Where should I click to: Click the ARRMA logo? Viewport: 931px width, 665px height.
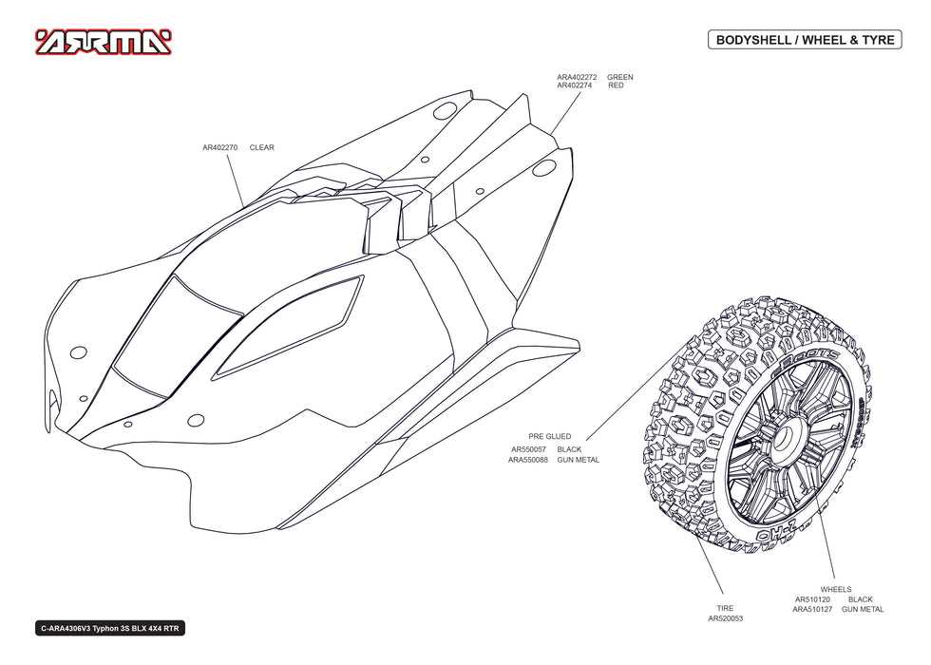[x=104, y=42]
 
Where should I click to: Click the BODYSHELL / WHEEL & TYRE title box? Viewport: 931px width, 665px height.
[x=805, y=40]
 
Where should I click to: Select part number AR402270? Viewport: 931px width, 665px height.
[x=219, y=147]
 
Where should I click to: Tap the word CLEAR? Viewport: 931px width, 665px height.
[x=262, y=147]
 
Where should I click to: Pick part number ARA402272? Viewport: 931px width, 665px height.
[x=577, y=77]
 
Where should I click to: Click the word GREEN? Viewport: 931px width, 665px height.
[x=619, y=77]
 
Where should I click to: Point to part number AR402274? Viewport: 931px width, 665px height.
[x=574, y=85]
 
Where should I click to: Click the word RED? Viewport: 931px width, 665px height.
[x=616, y=85]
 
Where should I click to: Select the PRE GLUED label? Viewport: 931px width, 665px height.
[x=550, y=436]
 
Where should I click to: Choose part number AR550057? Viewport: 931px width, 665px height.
[x=528, y=449]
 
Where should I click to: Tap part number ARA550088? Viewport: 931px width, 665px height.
[x=528, y=460]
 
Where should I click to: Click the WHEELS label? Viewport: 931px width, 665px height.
[x=836, y=590]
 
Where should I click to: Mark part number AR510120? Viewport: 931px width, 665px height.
[x=813, y=599]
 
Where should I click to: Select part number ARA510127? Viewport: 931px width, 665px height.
[x=812, y=609]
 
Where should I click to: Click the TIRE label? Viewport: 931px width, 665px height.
[x=725, y=609]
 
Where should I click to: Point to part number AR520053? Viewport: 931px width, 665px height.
[x=725, y=618]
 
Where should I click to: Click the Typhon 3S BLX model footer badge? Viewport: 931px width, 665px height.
[x=110, y=629]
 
